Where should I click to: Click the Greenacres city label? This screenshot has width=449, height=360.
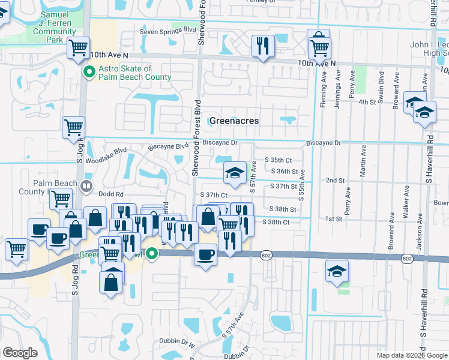(234, 121)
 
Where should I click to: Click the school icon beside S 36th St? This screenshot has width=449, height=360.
(234, 173)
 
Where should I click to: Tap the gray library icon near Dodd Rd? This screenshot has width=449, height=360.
(86, 187)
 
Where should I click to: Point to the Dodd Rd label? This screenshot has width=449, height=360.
(111, 194)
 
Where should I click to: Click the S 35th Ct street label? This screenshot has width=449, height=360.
(277, 160)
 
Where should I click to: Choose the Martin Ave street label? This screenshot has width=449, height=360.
(363, 160)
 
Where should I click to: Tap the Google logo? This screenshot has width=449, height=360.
(20, 353)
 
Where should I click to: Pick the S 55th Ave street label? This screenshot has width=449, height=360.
(303, 184)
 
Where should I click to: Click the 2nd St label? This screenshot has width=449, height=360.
(335, 180)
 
